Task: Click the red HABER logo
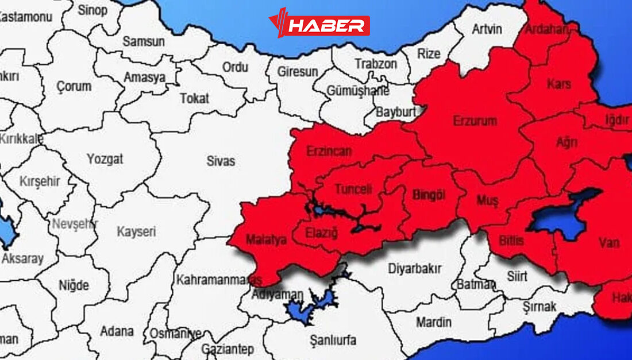coord(319,25)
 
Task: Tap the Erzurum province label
coord(475,121)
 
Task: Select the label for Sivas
coord(221,161)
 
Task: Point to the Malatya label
coord(265,240)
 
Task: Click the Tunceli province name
coord(353,189)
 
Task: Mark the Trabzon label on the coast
coord(375,64)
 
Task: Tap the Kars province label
coord(559,84)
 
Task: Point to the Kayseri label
coord(137,232)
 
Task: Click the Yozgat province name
coord(105,159)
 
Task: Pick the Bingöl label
coord(429,195)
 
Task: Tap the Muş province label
coord(488,200)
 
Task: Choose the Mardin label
coord(434,322)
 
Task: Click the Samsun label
coord(144,41)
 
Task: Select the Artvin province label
coord(487,29)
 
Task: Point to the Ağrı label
coord(567,142)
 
